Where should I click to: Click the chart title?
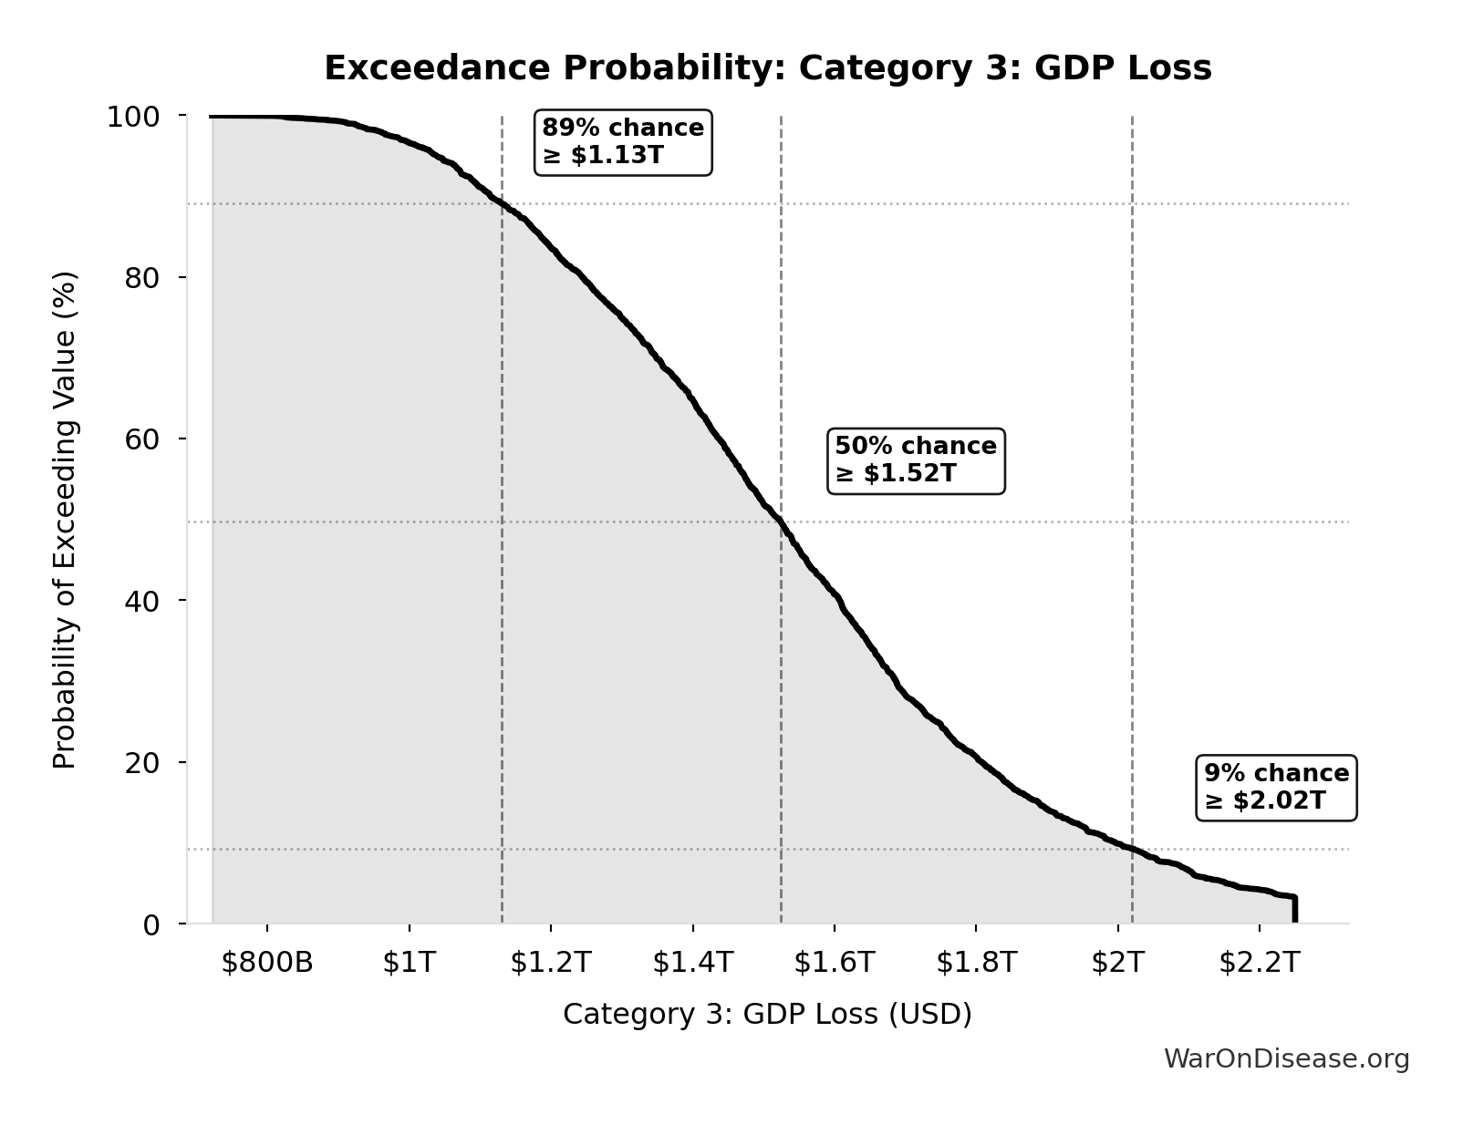tap(768, 68)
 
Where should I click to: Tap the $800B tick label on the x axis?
tap(266, 963)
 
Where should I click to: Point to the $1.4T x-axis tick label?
tap(692, 963)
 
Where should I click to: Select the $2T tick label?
tap(1117, 963)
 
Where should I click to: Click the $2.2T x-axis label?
tap(1259, 963)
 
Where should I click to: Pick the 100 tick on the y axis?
tap(133, 117)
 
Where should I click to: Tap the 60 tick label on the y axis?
tap(142, 439)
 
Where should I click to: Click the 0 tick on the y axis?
tap(151, 924)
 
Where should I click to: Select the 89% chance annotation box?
tap(623, 142)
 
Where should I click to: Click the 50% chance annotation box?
tap(916, 460)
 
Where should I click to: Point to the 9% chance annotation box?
tap(1276, 788)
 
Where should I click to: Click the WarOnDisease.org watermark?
tap(1286, 1058)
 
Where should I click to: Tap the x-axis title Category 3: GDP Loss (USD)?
tap(767, 1015)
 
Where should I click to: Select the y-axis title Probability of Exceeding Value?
tap(65, 520)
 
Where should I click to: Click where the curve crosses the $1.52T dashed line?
tap(781, 522)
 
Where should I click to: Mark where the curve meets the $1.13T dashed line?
tap(502, 202)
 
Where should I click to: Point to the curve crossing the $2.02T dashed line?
tap(1132, 850)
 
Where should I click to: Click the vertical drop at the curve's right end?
tap(1294, 910)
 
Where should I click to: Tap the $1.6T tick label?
tap(834, 963)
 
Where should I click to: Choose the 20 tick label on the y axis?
tap(142, 762)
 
